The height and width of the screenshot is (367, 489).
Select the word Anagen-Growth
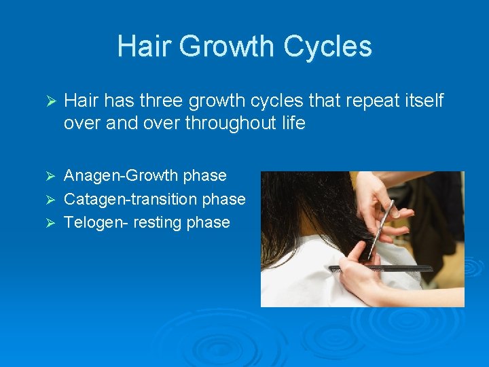click(x=121, y=175)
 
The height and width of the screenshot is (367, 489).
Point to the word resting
click(x=162, y=222)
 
